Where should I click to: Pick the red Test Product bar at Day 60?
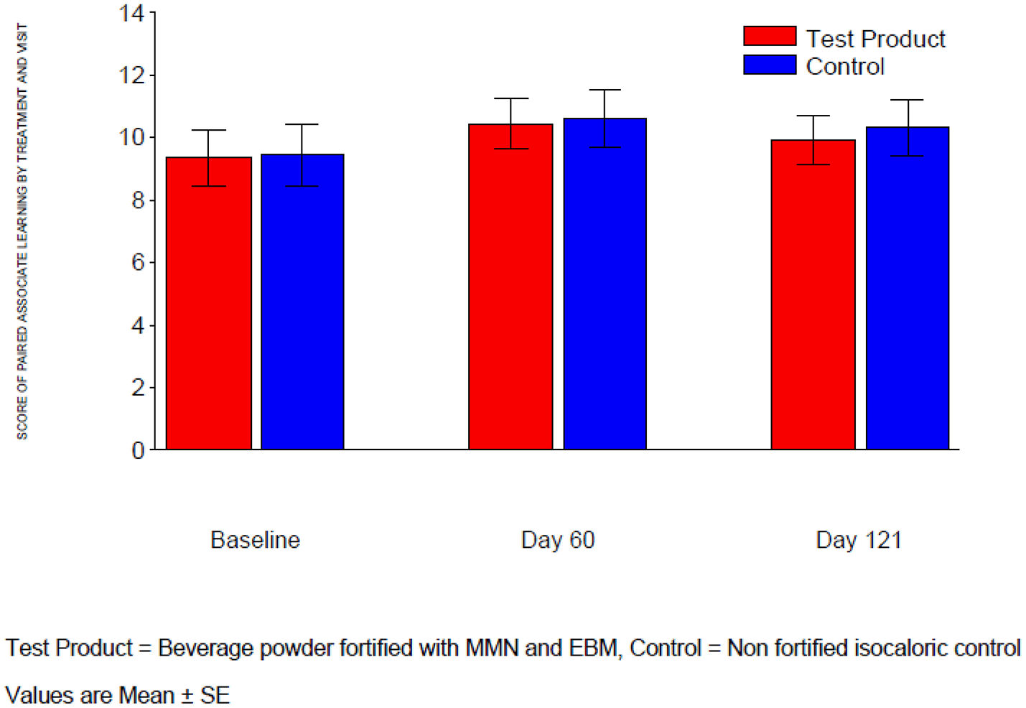[510, 287]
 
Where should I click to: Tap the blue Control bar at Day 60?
[605, 284]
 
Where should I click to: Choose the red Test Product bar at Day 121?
[813, 294]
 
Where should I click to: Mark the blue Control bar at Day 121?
[908, 288]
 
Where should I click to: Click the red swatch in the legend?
[770, 37]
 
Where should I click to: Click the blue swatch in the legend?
[770, 65]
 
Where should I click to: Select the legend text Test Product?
[875, 39]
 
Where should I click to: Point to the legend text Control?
[845, 66]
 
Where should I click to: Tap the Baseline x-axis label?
[255, 540]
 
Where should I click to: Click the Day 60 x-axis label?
[558, 540]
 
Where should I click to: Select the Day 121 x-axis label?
[859, 540]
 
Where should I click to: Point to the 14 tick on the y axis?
[131, 13]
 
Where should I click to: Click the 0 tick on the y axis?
[138, 450]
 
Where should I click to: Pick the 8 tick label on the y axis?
[138, 200]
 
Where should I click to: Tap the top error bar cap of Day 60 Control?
[605, 90]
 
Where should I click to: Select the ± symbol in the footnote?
[187, 696]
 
